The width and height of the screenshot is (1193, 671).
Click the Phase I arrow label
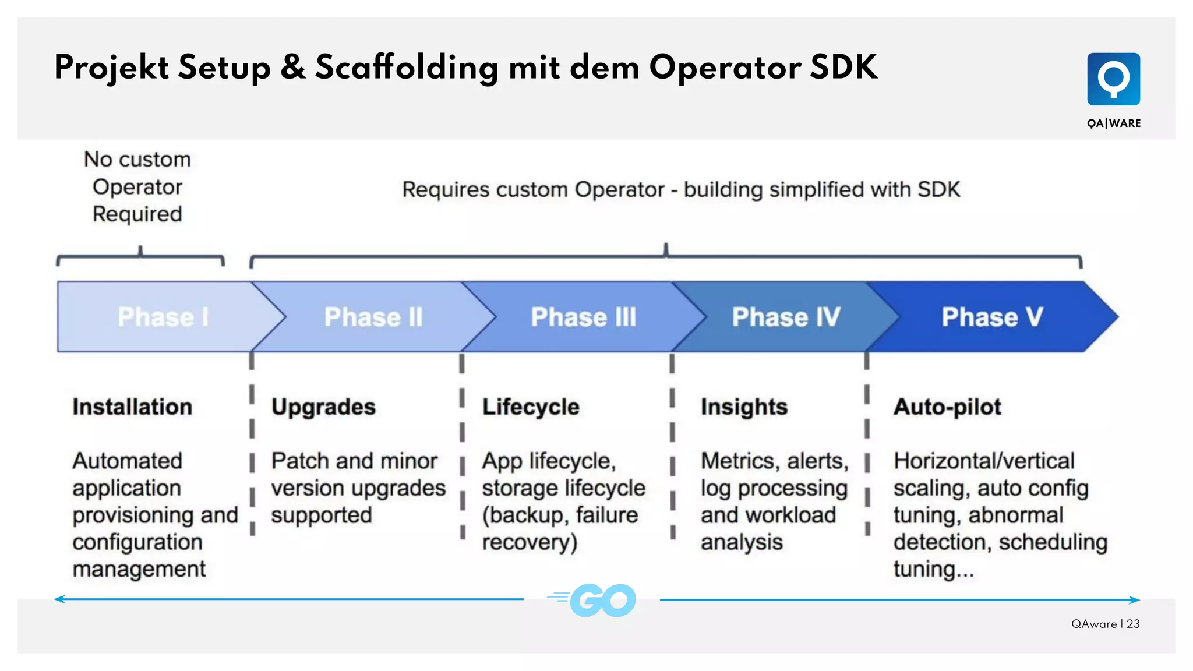tap(163, 317)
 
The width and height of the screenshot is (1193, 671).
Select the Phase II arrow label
tap(373, 317)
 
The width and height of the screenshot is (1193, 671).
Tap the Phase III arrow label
tap(583, 317)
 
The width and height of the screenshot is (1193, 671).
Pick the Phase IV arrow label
tap(786, 317)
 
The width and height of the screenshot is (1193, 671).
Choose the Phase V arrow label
tap(992, 317)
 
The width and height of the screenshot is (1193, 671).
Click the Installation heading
tap(132, 407)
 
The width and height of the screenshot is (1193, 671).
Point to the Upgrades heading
tap(323, 407)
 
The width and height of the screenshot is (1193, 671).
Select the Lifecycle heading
tap(531, 407)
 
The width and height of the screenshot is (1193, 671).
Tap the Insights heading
tap(744, 407)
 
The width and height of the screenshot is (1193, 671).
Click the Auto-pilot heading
tap(947, 407)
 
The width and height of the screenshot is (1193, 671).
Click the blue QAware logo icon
tap(1113, 79)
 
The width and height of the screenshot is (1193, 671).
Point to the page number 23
tap(1133, 624)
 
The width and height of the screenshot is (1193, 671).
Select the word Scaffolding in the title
tap(407, 68)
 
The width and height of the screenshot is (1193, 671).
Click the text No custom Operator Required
tap(137, 187)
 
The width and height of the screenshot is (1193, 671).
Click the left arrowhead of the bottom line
tap(58, 599)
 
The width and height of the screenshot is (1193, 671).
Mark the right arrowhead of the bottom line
tap(1135, 599)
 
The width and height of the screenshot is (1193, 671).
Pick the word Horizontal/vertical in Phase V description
tap(984, 461)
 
